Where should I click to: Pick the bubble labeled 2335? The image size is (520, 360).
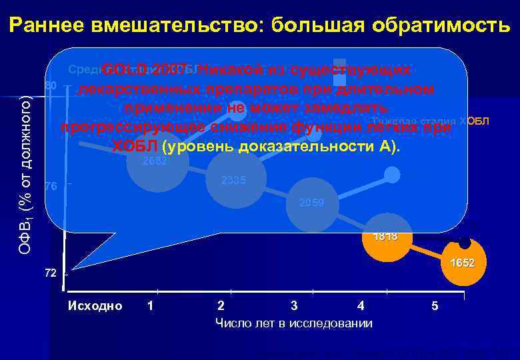pos(235,181)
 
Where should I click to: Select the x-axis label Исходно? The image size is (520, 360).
pos(95,306)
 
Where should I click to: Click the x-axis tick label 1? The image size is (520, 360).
pos(151,306)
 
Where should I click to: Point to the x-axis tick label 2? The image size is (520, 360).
pos(221,306)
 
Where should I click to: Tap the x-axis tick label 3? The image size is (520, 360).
pos(294,306)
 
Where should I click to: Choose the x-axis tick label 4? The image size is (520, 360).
pos(361,306)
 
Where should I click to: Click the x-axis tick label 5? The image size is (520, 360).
pos(435,306)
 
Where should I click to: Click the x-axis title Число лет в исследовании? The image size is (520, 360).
pos(294,323)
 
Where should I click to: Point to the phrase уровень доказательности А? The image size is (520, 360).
pos(276,147)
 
